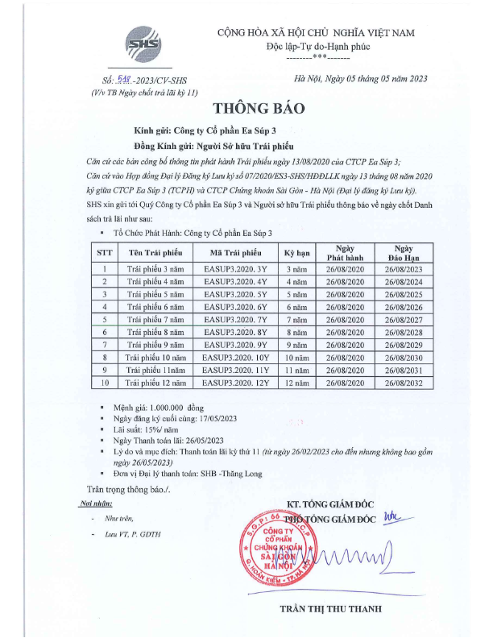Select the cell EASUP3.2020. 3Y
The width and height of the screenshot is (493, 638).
click(234, 268)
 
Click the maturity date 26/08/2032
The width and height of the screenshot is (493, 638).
click(404, 383)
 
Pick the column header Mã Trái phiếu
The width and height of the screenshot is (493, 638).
click(234, 251)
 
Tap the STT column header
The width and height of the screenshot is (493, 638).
click(105, 251)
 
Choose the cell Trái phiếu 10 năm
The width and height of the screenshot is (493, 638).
click(158, 358)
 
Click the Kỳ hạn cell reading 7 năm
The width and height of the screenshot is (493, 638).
click(299, 320)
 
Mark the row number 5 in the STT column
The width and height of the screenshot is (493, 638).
click(105, 320)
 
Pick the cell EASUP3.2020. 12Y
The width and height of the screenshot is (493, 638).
click(234, 383)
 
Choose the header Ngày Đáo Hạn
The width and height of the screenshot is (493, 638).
click(404, 251)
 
